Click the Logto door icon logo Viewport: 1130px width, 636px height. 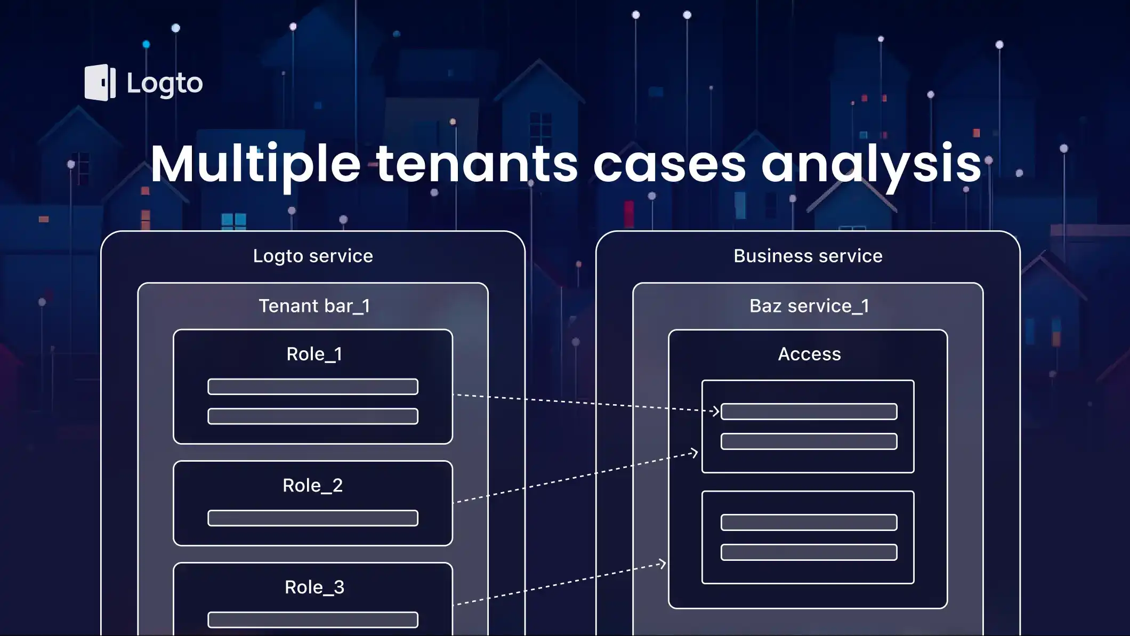(x=100, y=83)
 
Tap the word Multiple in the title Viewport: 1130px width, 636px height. (x=256, y=164)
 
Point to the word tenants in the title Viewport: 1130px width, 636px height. (x=477, y=164)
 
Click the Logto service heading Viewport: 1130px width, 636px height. (x=313, y=256)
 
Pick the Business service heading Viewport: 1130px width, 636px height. (x=808, y=256)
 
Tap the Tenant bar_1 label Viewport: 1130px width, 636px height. (x=314, y=306)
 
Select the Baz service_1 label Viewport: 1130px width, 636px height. (x=809, y=306)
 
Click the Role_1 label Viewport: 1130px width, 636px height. (x=314, y=354)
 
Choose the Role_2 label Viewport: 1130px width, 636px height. (x=312, y=485)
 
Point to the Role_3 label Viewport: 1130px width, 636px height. (x=314, y=587)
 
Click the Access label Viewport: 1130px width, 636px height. (x=809, y=354)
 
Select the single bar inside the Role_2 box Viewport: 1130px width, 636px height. (x=312, y=518)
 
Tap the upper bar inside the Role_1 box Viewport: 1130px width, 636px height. (x=312, y=387)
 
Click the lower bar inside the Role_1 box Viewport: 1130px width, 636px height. (x=312, y=416)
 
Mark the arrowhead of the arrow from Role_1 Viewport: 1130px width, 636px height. (x=716, y=411)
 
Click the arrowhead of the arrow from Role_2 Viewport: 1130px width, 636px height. (x=694, y=453)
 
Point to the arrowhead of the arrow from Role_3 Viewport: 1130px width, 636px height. (x=662, y=563)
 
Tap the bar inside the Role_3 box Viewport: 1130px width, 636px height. (x=312, y=620)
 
